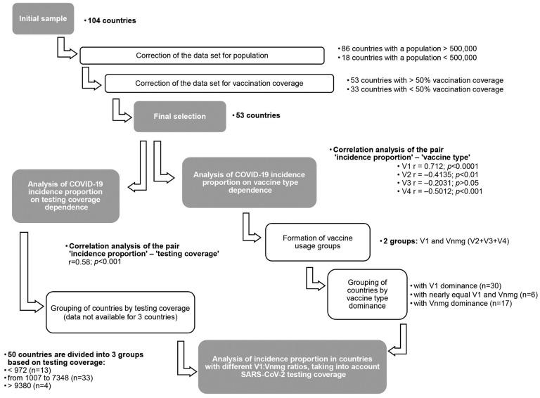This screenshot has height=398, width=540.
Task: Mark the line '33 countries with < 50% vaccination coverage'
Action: (x=426, y=90)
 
